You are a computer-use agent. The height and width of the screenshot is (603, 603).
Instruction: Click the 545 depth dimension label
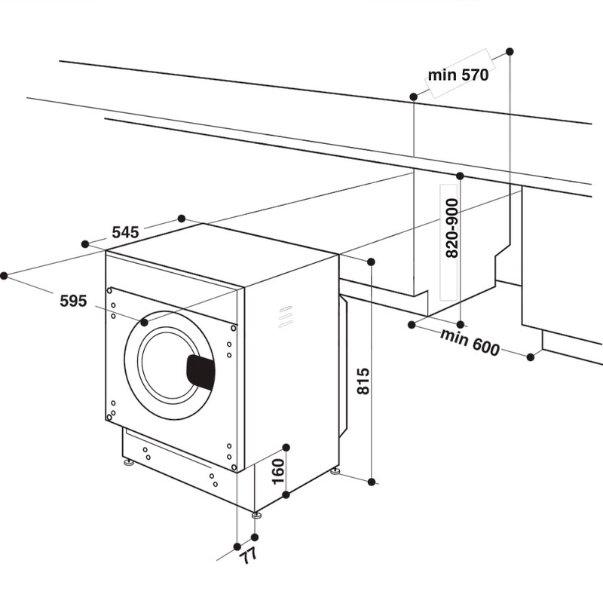pyautogui.click(x=125, y=232)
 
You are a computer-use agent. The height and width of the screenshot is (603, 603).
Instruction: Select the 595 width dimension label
pyautogui.click(x=73, y=300)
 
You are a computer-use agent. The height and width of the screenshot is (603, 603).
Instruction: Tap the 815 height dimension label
pyautogui.click(x=363, y=381)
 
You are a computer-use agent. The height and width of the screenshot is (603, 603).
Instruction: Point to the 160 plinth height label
pyautogui.click(x=277, y=472)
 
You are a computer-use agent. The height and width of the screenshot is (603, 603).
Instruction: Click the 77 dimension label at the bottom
pyautogui.click(x=247, y=556)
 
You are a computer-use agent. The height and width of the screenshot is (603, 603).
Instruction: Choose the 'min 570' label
pyautogui.click(x=458, y=75)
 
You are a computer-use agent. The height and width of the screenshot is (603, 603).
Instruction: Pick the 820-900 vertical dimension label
pyautogui.click(x=451, y=228)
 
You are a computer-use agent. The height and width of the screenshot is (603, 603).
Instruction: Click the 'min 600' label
pyautogui.click(x=470, y=342)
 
